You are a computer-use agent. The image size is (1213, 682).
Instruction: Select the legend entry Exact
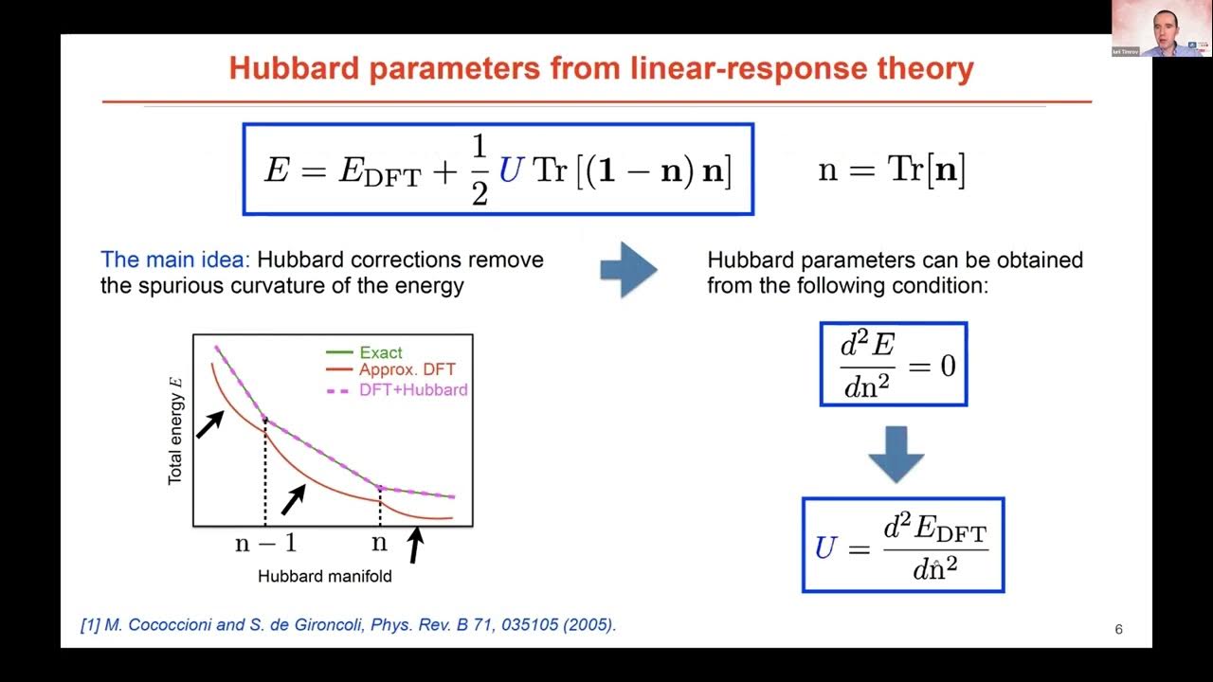pos(381,352)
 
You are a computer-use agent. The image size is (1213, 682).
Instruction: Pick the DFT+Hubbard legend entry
pos(412,389)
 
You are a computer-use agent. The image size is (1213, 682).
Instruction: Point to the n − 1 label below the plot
pos(265,543)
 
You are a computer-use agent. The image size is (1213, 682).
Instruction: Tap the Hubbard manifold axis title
pos(324,576)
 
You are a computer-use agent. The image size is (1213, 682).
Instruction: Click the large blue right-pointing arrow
pos(628,270)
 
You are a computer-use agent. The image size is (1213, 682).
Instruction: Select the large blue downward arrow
pos(896,454)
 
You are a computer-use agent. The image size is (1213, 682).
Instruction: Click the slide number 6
pos(1118,630)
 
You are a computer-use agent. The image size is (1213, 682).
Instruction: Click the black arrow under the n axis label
pos(414,546)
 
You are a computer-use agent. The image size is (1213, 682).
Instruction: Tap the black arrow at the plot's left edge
pos(209,423)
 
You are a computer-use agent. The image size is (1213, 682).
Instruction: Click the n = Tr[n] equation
pos(891,170)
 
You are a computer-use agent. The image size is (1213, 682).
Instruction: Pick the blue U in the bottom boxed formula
pos(825,547)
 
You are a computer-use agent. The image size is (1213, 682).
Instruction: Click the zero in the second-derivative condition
pos(948,365)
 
